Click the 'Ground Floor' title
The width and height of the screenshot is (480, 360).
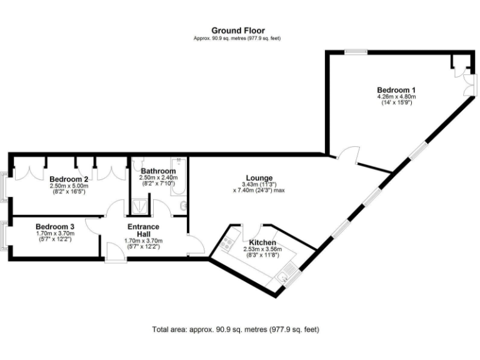coord(237,30)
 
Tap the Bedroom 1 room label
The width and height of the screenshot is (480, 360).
coord(396,89)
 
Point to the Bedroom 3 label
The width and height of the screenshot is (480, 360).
coord(55,226)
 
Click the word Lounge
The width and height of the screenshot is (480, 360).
coord(259,177)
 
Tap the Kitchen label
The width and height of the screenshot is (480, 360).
coord(262,242)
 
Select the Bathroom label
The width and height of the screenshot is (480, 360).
coord(158,171)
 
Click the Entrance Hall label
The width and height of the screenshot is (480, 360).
coord(144,231)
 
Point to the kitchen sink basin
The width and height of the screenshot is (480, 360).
coord(289,272)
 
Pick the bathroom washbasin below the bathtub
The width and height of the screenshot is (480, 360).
coord(182,205)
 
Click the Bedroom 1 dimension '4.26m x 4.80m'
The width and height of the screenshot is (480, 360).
coord(396,97)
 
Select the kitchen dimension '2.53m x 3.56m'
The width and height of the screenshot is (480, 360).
coord(262,249)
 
